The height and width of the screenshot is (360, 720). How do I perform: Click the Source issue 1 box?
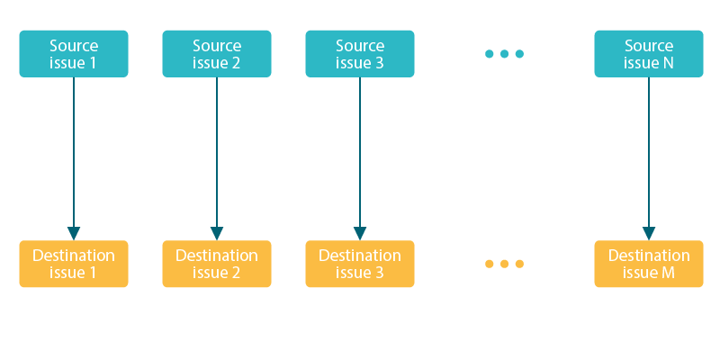(74, 54)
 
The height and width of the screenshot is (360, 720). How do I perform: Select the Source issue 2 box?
(217, 54)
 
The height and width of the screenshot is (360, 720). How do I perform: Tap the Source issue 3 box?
(360, 54)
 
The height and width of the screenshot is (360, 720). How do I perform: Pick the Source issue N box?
(649, 54)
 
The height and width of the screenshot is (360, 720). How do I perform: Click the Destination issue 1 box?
(74, 264)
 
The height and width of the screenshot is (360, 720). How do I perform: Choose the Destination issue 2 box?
(217, 264)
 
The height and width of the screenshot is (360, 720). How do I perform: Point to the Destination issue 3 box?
(360, 264)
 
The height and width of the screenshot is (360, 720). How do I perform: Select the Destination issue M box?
(649, 264)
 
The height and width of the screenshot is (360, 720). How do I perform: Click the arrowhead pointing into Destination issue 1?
(74, 233)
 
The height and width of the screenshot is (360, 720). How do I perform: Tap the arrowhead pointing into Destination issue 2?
(217, 233)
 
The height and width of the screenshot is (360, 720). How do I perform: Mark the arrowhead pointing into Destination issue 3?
(360, 233)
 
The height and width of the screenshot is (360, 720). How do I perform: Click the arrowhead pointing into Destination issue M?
(649, 233)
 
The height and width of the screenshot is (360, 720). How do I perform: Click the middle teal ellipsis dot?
(504, 54)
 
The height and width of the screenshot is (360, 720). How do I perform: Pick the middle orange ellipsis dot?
(504, 264)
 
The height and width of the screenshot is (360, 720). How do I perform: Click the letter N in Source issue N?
(668, 63)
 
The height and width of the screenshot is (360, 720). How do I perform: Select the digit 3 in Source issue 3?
(380, 63)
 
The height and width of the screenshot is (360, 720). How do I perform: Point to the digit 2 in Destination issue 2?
(236, 273)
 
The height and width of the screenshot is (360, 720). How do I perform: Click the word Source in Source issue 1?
(74, 46)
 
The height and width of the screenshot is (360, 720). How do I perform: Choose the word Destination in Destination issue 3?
(360, 256)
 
